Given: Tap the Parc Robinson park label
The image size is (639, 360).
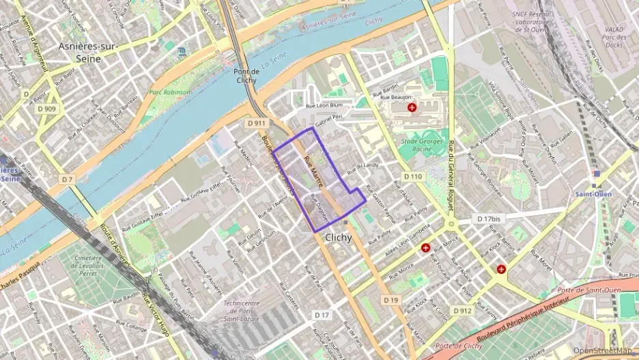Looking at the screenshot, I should point(170,92).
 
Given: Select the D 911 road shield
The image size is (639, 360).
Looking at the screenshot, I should point(256,123).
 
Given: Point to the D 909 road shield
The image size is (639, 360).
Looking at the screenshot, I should point(46,109).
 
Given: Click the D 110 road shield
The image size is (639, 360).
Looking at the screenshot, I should point(412,176).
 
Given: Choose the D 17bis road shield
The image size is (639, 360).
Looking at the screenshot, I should point(488,219).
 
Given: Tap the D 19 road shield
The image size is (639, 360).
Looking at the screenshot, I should point(390,300).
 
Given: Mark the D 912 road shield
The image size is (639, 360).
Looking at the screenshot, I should point(461,311).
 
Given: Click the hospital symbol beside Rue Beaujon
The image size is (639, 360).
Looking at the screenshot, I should point(411,108).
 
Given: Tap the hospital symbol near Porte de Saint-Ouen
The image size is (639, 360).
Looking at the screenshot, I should point(502,269).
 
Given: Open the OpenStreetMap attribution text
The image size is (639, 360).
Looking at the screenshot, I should point(605,350).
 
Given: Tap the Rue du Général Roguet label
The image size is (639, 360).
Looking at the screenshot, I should point(451,178).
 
